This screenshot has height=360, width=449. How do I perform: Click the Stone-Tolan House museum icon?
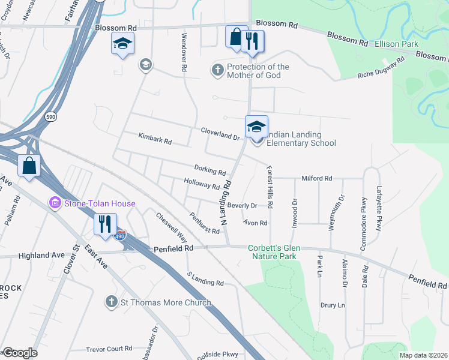point(55,203)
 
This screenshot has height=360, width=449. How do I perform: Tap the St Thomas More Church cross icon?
point(111,302)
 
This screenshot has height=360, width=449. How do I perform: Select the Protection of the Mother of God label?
point(258,71)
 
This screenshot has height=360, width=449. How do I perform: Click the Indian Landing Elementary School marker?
point(256,128)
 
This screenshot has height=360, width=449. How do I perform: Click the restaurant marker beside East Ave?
point(106,225)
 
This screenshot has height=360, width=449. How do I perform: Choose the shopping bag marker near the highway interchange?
point(29,166)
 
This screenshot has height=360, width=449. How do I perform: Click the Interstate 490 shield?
point(121,235)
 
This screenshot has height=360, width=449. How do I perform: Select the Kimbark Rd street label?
point(155,142)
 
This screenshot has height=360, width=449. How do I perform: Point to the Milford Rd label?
point(316,178)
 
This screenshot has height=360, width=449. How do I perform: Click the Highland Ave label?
point(41,255)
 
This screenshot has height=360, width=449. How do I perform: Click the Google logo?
point(20,353)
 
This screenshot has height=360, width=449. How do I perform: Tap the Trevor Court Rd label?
point(109,349)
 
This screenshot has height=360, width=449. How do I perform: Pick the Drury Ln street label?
point(333,305)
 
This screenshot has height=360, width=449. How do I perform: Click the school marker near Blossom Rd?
point(122,44)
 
